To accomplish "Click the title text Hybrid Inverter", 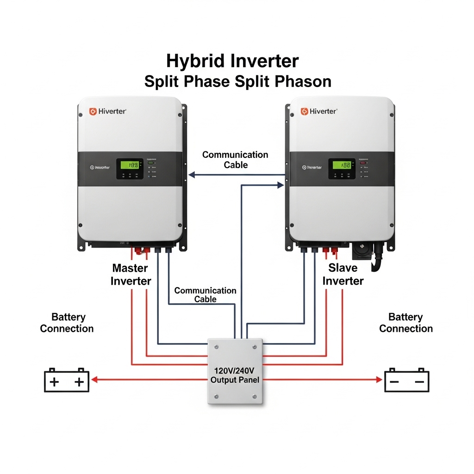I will click(232, 61).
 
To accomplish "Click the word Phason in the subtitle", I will click(303, 81).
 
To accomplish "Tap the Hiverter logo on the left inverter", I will click(108, 112).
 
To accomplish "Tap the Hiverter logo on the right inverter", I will click(319, 112).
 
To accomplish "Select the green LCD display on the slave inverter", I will click(342, 165).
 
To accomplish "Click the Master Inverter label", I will click(131, 274).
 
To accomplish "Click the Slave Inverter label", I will click(343, 274).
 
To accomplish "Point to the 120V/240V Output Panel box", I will click(235, 373).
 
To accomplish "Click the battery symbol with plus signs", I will click(67, 380).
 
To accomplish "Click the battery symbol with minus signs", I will click(407, 380).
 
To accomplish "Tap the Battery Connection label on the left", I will click(67, 323).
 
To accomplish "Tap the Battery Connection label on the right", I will click(406, 323).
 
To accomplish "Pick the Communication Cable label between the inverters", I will click(235, 160).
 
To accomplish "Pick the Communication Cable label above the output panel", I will click(205, 294).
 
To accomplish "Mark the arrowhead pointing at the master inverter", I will click(192, 175).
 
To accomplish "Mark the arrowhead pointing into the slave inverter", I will click(280, 185).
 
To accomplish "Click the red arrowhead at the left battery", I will click(94, 380).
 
